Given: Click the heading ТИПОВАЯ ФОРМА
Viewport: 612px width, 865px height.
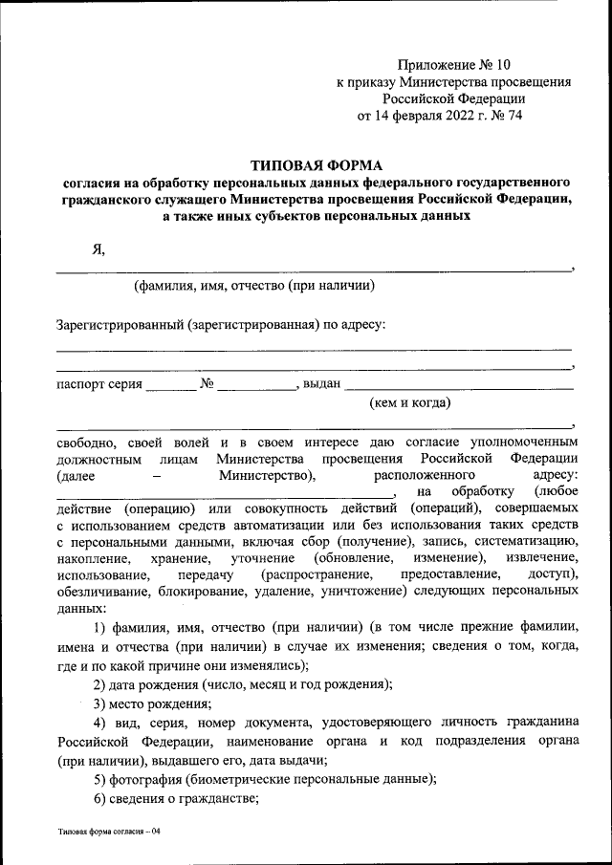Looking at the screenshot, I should coord(316,164).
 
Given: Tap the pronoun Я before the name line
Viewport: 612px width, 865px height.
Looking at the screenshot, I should coord(98,249).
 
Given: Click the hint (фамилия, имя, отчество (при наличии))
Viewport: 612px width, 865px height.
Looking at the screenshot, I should coord(253,285).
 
